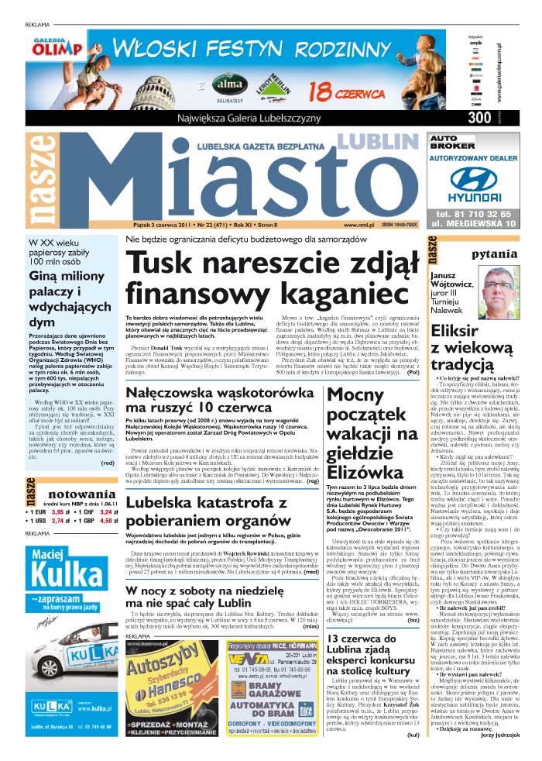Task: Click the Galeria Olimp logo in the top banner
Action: tap(52, 47)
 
